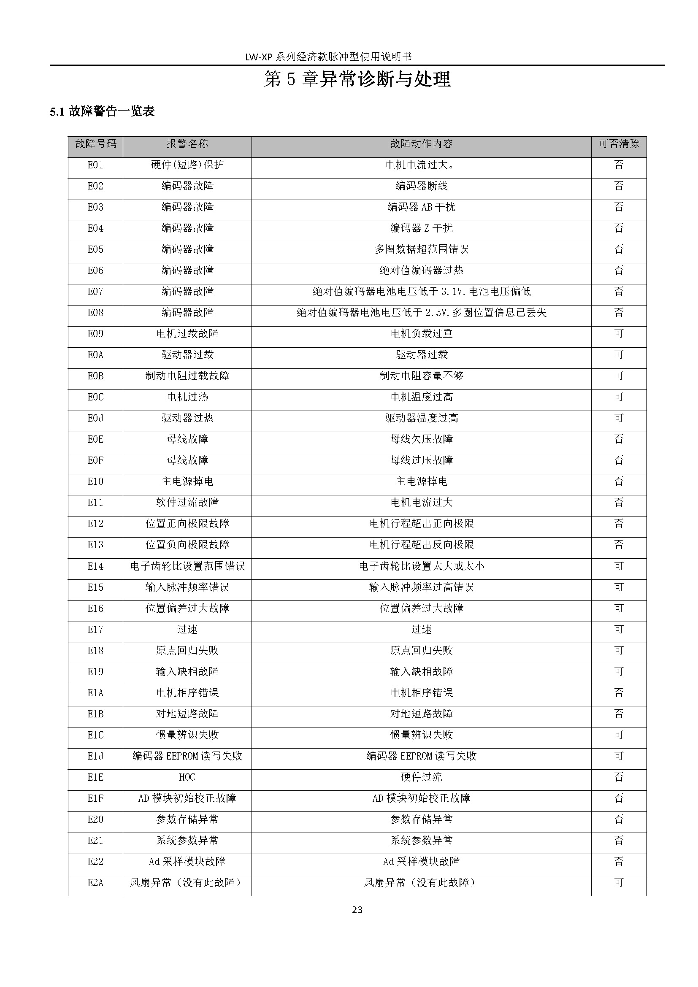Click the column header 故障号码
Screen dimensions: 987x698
tap(95, 143)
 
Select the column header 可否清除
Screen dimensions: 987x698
tap(619, 143)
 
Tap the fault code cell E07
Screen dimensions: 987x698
tap(95, 292)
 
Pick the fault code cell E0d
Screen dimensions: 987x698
tap(95, 418)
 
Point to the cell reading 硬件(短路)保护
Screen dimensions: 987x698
tap(187, 165)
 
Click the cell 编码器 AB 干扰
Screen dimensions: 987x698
tap(421, 207)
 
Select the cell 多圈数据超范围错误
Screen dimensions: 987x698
tap(421, 249)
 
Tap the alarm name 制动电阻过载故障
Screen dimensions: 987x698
tap(187, 376)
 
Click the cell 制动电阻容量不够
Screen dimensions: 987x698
tap(421, 376)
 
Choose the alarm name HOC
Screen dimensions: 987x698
tap(187, 777)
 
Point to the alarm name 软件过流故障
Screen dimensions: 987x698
tap(187, 502)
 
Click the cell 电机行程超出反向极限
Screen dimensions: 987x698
tap(421, 545)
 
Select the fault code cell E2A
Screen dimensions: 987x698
tap(95, 882)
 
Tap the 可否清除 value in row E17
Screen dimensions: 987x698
tap(619, 629)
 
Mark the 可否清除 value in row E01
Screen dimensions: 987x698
tap(619, 165)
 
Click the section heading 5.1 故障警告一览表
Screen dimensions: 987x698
tap(102, 112)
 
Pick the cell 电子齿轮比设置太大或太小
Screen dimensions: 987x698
tap(421, 566)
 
